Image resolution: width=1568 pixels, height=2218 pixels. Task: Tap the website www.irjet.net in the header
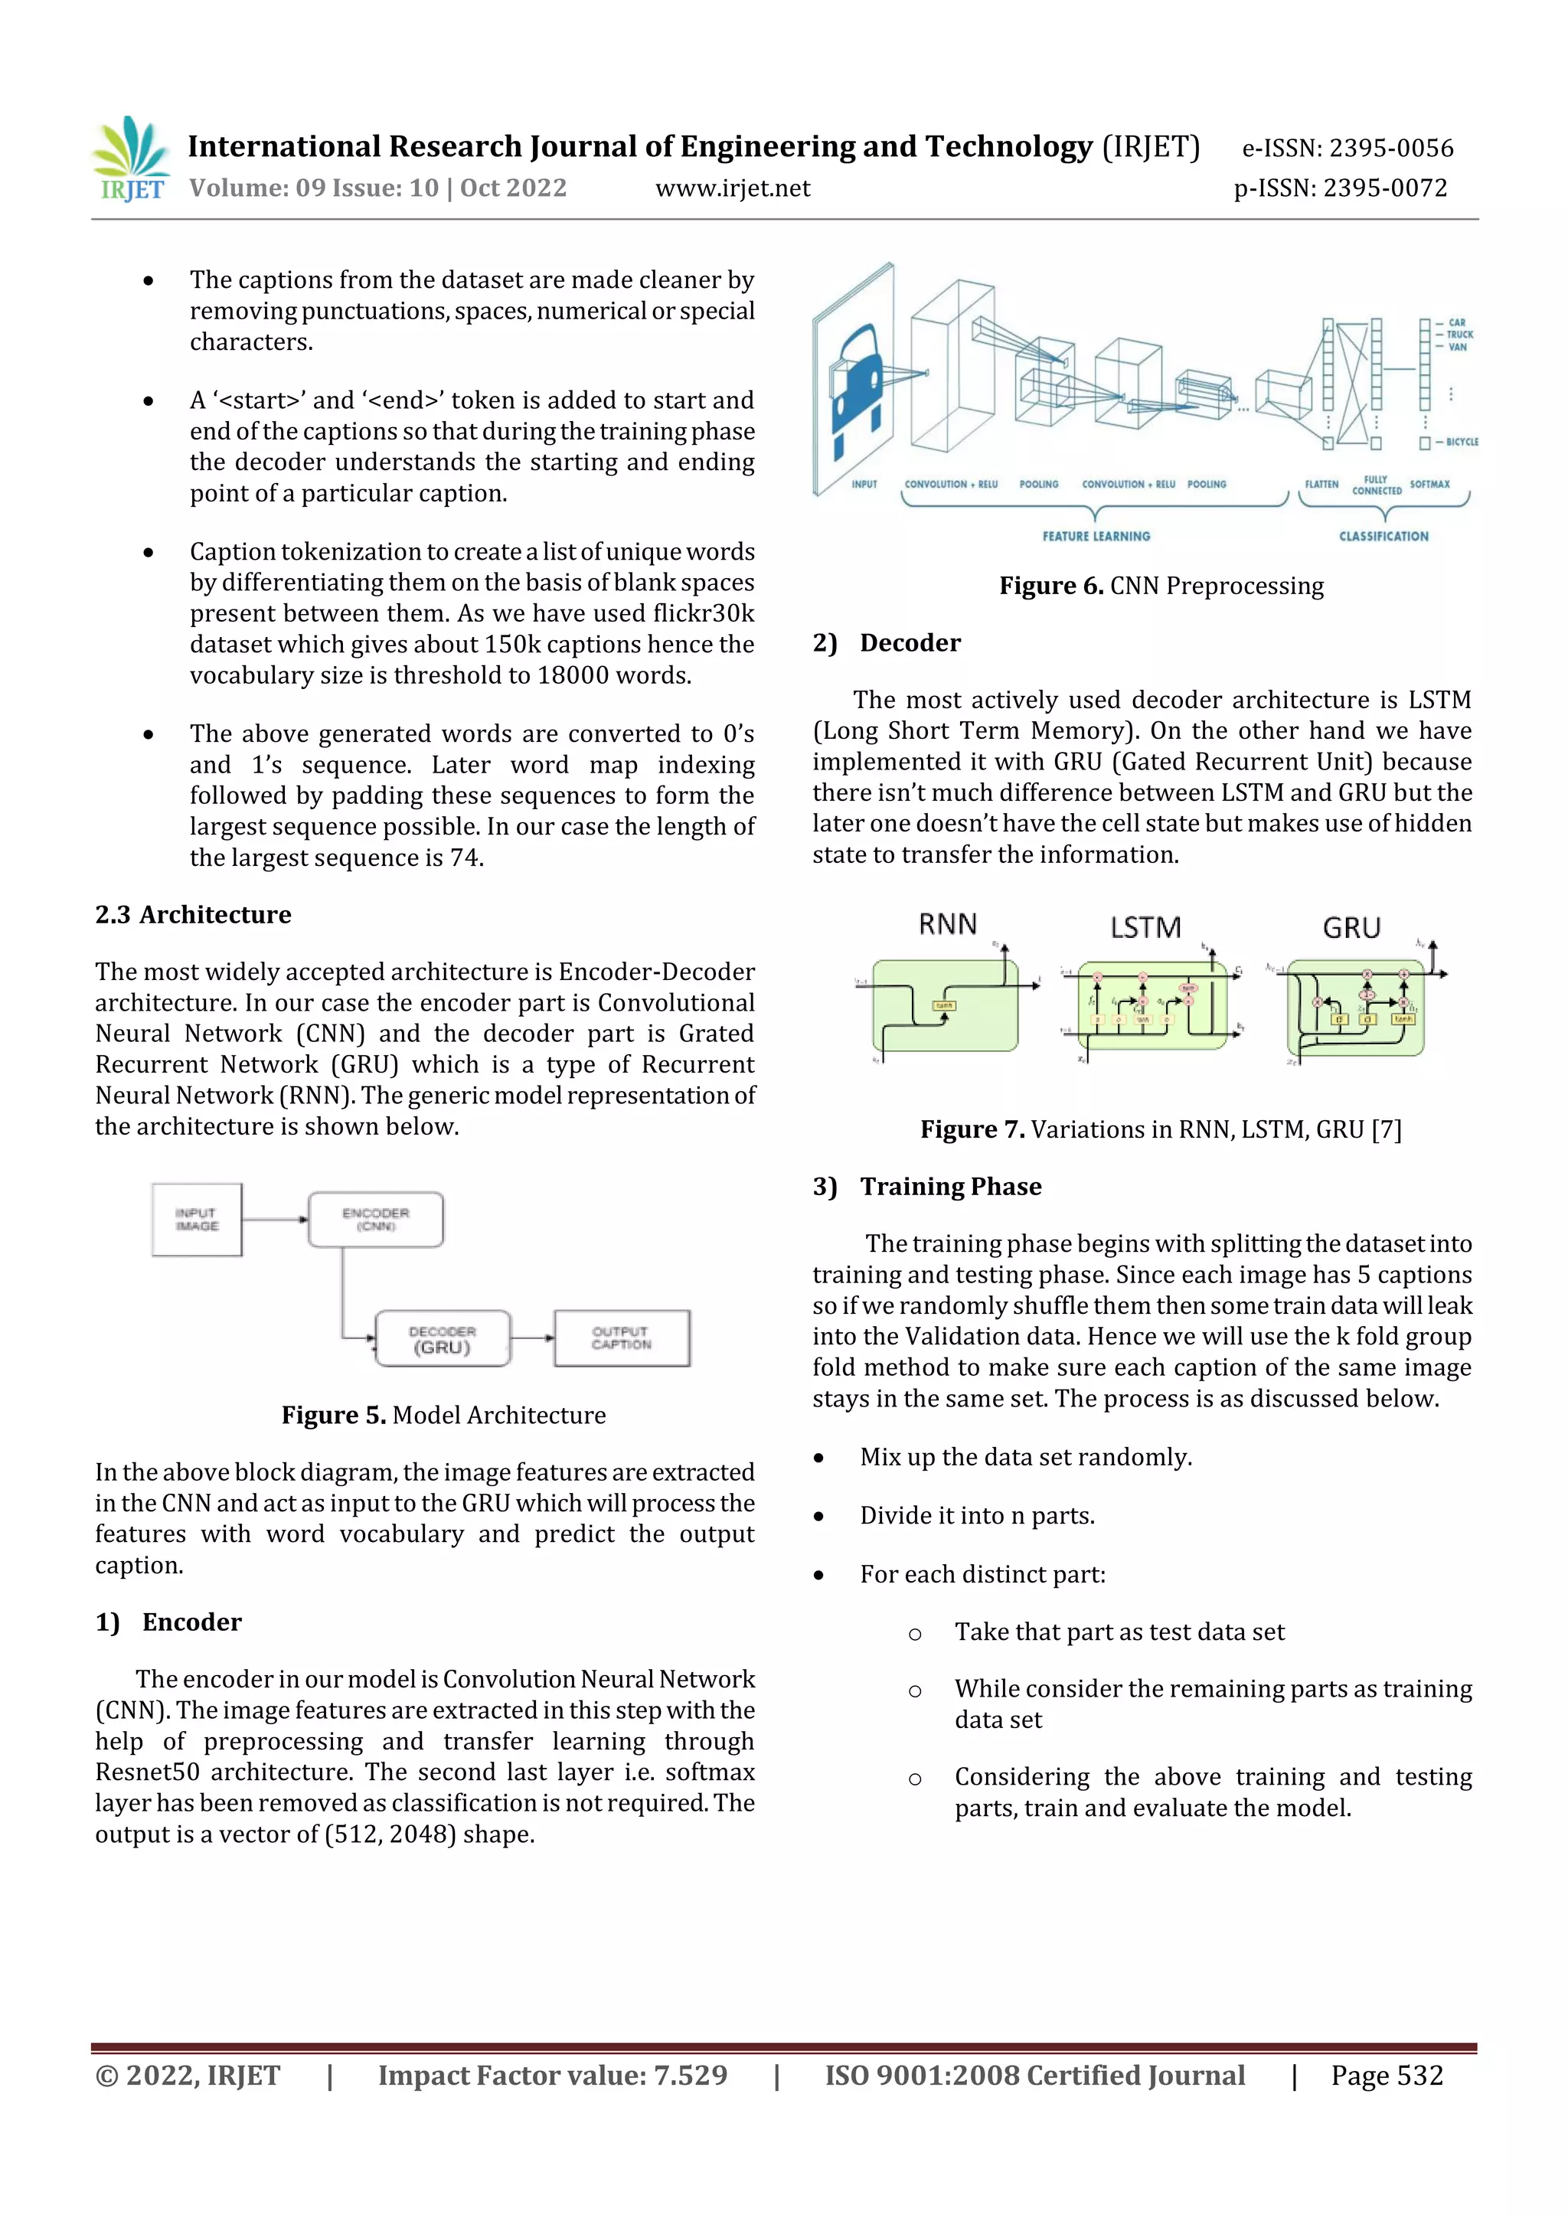click(x=732, y=188)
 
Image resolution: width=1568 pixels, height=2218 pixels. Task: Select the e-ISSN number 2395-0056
click(x=1390, y=148)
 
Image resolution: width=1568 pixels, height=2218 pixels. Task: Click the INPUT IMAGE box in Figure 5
click(x=197, y=1219)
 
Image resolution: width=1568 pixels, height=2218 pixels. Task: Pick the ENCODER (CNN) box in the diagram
click(x=375, y=1219)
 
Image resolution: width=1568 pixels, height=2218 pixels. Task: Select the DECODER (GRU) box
click(x=443, y=1338)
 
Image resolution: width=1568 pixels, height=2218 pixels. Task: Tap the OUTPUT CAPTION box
click(x=621, y=1338)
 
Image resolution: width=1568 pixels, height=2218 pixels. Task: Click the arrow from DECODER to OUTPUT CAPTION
click(x=532, y=1338)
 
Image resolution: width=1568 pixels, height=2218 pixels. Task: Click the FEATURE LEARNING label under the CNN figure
click(x=1096, y=536)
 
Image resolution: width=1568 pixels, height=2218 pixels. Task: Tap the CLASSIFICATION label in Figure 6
click(x=1383, y=536)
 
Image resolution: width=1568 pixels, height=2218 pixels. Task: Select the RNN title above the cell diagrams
click(x=947, y=925)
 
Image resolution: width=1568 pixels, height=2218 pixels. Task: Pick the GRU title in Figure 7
click(x=1351, y=927)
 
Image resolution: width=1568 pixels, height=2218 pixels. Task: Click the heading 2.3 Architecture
click(x=193, y=914)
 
